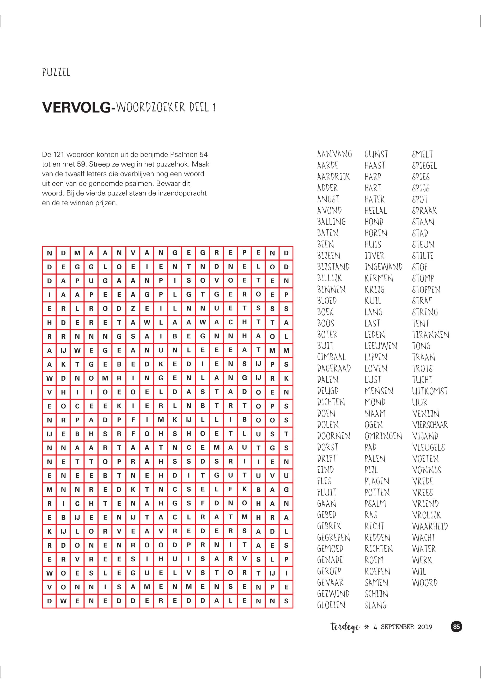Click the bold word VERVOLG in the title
[x=77, y=108]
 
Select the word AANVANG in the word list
[x=334, y=154]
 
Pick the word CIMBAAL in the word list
[x=331, y=357]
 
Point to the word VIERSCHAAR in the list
[x=430, y=425]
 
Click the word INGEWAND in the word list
[x=383, y=267]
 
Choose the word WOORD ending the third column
[x=425, y=583]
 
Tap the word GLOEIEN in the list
[x=331, y=605]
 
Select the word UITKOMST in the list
[x=430, y=391]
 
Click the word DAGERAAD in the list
[x=334, y=368]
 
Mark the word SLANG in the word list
[x=375, y=605]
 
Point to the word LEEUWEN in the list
[x=381, y=346]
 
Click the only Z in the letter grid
[x=133, y=309]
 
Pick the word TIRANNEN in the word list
[x=431, y=335]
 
